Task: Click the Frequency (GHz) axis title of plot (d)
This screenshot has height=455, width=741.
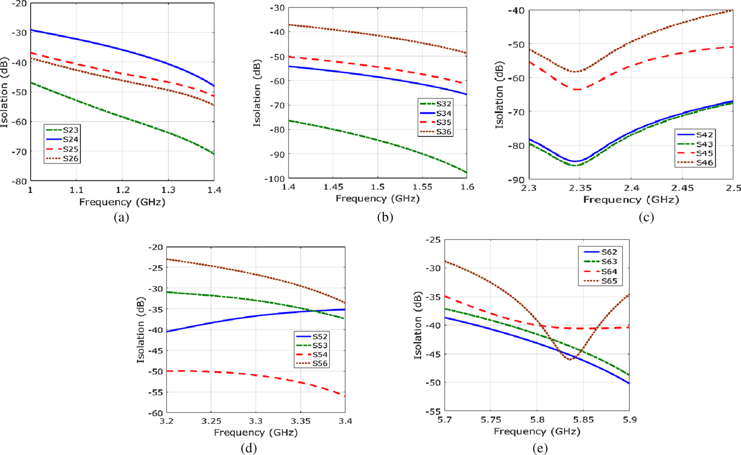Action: coord(256,432)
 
